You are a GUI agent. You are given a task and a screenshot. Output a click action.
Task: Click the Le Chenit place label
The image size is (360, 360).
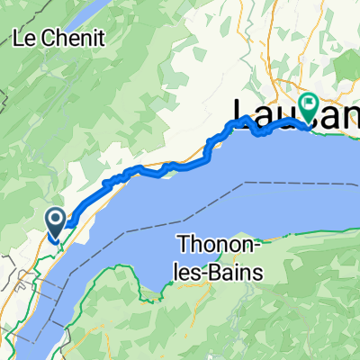(58, 39)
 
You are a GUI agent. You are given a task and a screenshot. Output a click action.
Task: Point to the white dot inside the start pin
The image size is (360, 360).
(54, 218)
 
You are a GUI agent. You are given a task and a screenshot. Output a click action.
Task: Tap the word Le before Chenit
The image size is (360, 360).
(24, 39)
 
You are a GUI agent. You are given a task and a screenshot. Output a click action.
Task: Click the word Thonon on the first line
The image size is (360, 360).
(217, 244)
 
